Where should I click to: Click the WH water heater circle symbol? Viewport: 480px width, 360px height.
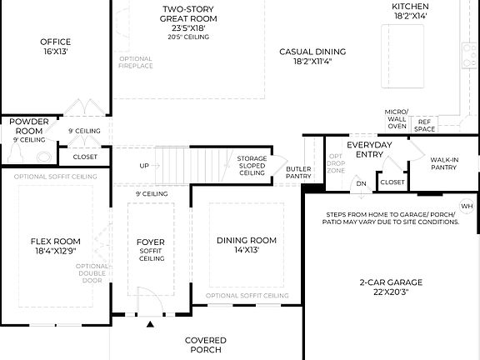coord(467,206)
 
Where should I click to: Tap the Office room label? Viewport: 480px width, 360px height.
coord(56,42)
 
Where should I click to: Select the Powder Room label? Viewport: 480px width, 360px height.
coord(27,126)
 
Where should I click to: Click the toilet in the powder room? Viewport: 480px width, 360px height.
coord(42,155)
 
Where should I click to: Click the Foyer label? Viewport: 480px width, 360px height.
coord(151,242)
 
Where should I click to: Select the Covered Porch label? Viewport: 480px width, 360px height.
coord(204,344)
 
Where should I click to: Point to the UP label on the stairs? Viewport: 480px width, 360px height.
coord(144,166)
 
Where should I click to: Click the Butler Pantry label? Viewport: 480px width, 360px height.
coord(298,172)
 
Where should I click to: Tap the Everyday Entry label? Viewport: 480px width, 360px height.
coord(369,149)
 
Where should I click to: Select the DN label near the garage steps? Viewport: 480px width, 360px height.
coord(361,183)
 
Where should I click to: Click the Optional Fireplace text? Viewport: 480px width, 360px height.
coord(136,62)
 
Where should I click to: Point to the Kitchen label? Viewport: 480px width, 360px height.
coord(410,7)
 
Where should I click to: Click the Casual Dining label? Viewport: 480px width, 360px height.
coord(312,51)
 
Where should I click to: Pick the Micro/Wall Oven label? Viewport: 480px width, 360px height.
coord(396,119)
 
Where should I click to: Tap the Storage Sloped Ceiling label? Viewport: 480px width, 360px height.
coord(252,165)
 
